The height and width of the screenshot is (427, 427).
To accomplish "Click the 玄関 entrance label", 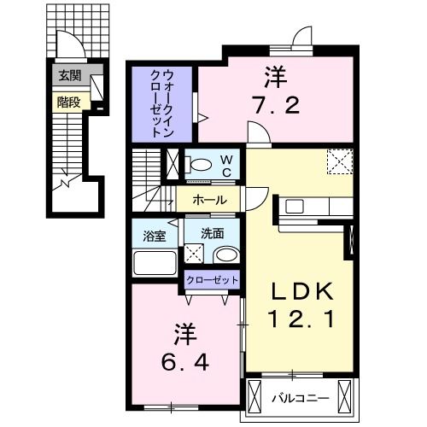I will pos(69,76).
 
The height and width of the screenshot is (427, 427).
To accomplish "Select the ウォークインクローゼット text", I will pos(162,99).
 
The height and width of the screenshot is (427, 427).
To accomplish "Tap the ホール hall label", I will pos(209,200).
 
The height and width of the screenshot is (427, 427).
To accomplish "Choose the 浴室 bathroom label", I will pos(154,231).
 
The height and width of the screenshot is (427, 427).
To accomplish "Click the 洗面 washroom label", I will pos(213,231).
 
